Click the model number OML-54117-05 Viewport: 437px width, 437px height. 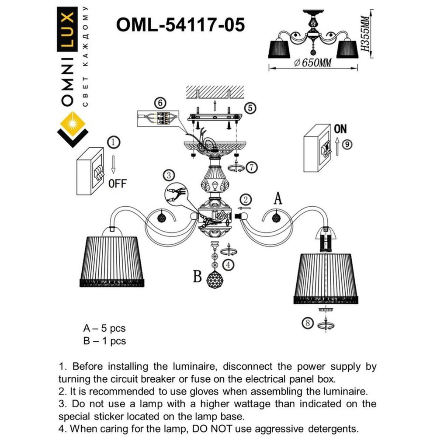[180, 24]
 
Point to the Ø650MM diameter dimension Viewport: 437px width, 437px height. [312, 63]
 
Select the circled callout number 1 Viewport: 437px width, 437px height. [113, 142]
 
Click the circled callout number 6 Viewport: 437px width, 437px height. [160, 103]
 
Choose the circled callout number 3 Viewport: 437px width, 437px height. [168, 175]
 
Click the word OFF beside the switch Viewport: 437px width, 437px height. [117, 184]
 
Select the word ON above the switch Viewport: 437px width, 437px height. [340, 129]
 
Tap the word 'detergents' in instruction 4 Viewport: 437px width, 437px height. [331, 428]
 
